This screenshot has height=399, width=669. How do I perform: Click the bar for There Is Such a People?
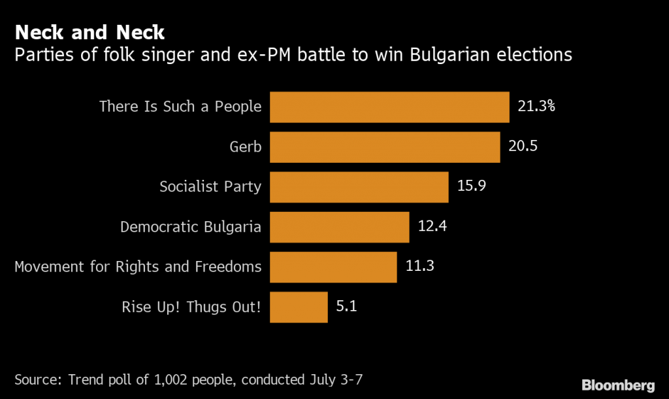pos(389,107)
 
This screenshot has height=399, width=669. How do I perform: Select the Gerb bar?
pos(385,147)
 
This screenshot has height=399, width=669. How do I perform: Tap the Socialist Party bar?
pos(359,187)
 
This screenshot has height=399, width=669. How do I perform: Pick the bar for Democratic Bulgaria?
pos(339,227)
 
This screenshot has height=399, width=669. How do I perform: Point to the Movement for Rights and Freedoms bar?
pos(333,267)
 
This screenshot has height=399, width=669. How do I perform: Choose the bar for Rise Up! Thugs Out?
pos(299,307)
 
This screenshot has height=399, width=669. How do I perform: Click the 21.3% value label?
pos(536,107)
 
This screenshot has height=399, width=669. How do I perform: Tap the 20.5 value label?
pos(523,147)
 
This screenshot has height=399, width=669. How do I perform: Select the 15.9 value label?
pos(471,186)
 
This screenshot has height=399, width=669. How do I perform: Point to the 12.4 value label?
pos(432,226)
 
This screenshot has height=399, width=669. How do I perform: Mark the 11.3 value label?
pos(419,266)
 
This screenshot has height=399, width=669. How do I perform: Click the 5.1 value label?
pos(346,306)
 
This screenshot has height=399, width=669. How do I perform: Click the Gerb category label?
pos(246,147)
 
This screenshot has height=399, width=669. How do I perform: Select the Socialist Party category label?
pos(210,187)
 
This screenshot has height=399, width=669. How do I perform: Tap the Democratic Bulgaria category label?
pos(191,227)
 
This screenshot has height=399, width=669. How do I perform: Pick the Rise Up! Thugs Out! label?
pos(191,307)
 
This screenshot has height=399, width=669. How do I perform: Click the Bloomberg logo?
pos(618,385)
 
